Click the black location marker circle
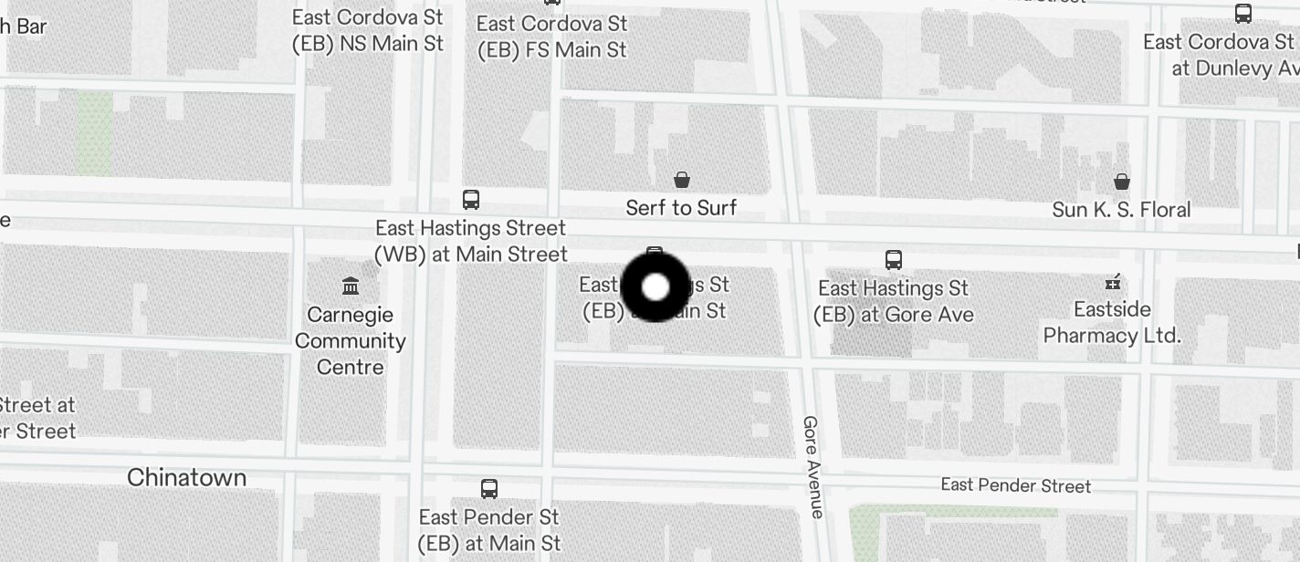pos(655,286)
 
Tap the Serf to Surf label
pos(681,208)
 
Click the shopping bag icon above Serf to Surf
pos(681,180)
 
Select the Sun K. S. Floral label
pos(1121,210)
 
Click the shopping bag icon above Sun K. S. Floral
pos(1122,182)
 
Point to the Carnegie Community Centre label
pos(351,341)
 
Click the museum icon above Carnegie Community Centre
pos(351,286)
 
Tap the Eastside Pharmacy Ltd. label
pos(1112,322)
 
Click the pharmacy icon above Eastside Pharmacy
pos(1113,282)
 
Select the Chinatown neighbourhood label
pos(187,477)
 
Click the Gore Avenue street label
pos(812,466)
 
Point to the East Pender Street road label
pos(1015,485)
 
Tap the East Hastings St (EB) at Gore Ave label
pos(894,301)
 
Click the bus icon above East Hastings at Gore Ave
pos(894,260)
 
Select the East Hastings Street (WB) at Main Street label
pos(471,241)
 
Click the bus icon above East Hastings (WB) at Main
pos(471,200)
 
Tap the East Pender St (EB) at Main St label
pos(489,530)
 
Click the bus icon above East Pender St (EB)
pos(489,489)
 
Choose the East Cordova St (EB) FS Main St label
pos(552,36)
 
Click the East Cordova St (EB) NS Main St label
pos(368,30)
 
